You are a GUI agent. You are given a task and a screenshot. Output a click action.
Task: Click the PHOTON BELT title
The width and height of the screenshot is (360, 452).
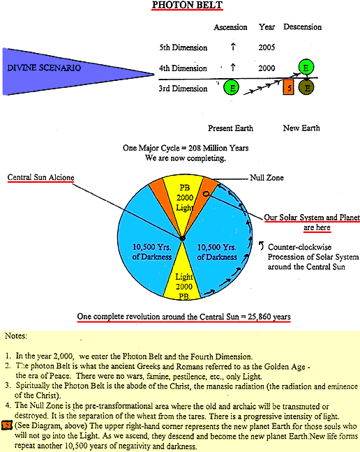pos(188,5)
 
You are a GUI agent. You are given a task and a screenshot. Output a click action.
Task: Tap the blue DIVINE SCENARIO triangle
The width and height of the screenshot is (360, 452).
pos(58,71)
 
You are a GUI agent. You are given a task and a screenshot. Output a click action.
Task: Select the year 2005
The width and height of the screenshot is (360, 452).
pos(267,47)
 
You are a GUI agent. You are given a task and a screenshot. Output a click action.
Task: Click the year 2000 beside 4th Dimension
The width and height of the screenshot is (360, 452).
pos(267,68)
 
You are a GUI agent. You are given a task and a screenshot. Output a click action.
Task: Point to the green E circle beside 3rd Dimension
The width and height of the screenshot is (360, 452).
pos(231,87)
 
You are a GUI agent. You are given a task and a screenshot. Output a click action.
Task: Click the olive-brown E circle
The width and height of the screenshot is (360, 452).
pos(306,88)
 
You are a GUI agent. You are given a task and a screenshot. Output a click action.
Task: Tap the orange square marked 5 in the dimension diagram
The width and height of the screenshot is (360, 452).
pos(289,87)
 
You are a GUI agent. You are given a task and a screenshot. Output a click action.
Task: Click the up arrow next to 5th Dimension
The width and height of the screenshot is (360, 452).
pos(233,47)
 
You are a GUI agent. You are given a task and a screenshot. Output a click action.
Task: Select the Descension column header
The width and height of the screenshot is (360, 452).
pos(302,27)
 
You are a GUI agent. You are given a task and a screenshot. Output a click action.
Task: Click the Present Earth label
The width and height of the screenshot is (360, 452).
pos(231,128)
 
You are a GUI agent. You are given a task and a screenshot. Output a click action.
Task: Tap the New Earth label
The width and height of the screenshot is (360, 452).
pos(301,128)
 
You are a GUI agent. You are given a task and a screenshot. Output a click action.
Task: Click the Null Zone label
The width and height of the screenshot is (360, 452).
pos(267,178)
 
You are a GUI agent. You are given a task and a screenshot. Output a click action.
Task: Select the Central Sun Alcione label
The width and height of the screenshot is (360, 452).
pos(40,177)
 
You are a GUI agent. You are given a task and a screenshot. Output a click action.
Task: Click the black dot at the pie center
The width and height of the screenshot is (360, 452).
pos(182,238)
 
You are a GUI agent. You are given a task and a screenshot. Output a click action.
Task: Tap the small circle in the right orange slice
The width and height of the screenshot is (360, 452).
pos(206,194)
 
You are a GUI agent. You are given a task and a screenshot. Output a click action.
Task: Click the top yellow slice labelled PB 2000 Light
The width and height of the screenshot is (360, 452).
pos(183,199)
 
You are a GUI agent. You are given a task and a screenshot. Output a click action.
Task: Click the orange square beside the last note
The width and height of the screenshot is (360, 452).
pos(6,425)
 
